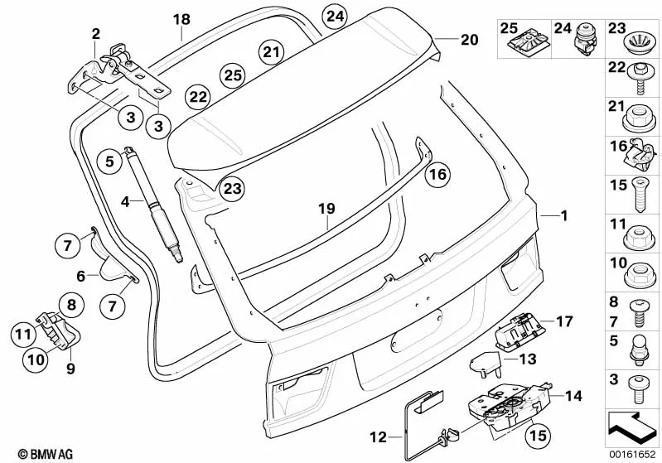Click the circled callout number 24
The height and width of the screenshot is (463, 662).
pos(336,17)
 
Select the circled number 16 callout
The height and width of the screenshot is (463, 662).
pos(438,175)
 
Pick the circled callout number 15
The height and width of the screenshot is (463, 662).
pos(538,432)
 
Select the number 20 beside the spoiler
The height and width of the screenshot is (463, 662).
pos(470,40)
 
